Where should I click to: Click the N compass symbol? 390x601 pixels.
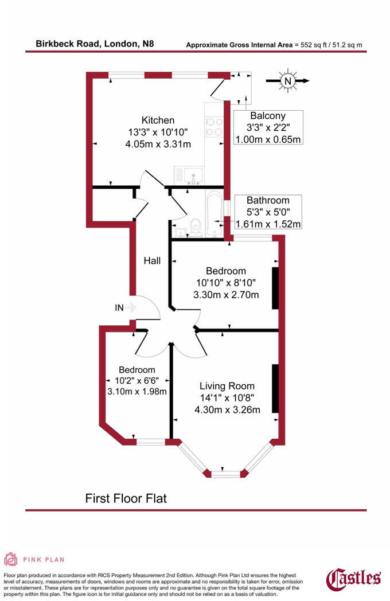[x=287, y=81]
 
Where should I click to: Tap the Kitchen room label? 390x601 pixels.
[x=158, y=120]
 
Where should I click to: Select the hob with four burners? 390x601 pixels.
[x=214, y=127]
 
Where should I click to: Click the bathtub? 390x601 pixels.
[x=214, y=214]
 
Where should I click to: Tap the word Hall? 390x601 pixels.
[x=152, y=261]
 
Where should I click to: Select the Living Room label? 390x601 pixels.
[x=227, y=386]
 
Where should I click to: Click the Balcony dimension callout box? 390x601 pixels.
[x=268, y=127]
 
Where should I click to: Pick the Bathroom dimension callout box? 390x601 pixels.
[x=268, y=212]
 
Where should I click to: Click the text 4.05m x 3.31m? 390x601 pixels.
[x=158, y=145]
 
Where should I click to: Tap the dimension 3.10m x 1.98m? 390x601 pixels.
[x=137, y=391]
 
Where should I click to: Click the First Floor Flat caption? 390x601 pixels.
[x=126, y=499]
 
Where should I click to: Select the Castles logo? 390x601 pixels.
[x=353, y=579]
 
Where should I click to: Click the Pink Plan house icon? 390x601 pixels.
[x=11, y=559]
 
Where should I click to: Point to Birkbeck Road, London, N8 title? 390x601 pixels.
[x=95, y=44]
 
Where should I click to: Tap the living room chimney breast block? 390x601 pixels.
[x=275, y=388]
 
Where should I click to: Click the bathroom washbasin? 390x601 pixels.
[x=180, y=232]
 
